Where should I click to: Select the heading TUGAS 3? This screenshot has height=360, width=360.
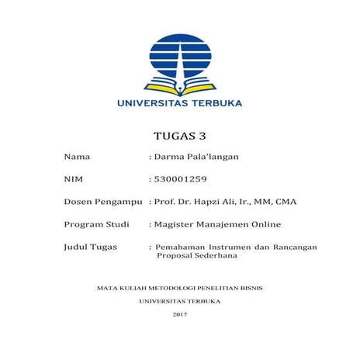coord(179,134)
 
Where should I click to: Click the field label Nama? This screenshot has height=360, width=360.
coord(77,157)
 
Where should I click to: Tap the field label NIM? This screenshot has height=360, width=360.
coord(74,180)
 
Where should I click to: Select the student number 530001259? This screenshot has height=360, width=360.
coord(181,180)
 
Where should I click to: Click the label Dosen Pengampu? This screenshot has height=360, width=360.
coord(103,202)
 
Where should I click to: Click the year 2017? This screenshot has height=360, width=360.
coord(179,313)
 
